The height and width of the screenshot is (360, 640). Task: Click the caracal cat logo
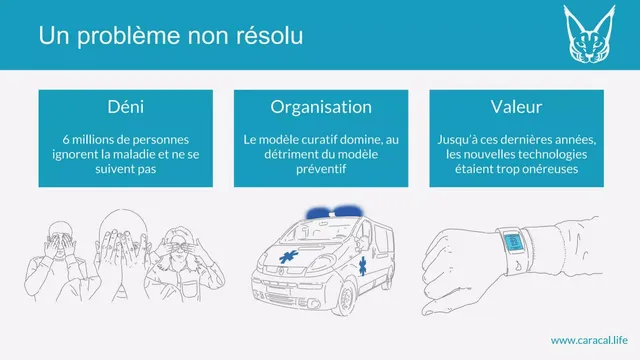589,34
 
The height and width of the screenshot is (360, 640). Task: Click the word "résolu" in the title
270,35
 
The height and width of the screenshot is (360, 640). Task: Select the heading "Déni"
126,107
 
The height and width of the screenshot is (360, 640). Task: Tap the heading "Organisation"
321,107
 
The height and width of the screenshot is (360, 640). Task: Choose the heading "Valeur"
516,107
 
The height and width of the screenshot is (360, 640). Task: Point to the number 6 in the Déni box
66,140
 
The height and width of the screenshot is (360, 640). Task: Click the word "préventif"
321,169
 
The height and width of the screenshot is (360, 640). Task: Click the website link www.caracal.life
589,340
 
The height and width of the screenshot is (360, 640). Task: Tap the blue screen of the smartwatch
513,242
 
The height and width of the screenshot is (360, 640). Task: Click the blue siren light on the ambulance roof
335,211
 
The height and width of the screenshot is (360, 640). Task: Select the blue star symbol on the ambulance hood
289,257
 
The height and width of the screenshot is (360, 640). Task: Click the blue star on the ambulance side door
362,266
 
